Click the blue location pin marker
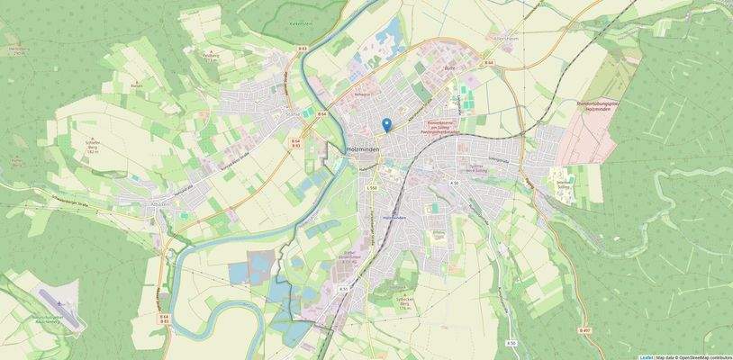[386, 125]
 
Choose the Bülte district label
[451, 68]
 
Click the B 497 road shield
[586, 331]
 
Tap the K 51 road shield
[344, 289]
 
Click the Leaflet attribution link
[646, 356]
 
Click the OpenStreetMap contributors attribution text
[698, 356]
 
